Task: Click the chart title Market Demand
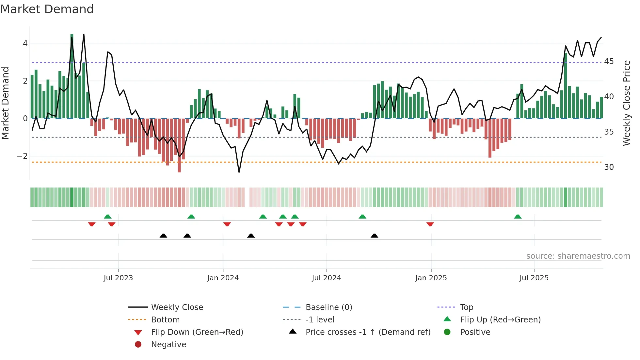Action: pyautogui.click(x=47, y=9)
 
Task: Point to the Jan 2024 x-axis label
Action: pyautogui.click(x=223, y=278)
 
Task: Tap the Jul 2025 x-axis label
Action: pyautogui.click(x=534, y=278)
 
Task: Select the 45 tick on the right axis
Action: pyautogui.click(x=609, y=61)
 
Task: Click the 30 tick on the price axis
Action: pyautogui.click(x=609, y=167)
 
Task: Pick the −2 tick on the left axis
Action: pyautogui.click(x=22, y=156)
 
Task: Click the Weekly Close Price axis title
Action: pyautogui.click(x=626, y=103)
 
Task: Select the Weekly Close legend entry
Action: pyautogui.click(x=177, y=307)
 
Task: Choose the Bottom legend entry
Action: pyautogui.click(x=165, y=320)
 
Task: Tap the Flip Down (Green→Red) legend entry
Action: pyautogui.click(x=197, y=332)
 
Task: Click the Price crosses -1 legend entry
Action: pyautogui.click(x=368, y=332)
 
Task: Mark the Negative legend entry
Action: pyautogui.click(x=168, y=345)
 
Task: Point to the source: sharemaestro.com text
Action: pyautogui.click(x=578, y=256)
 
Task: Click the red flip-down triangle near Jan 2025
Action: pyautogui.click(x=430, y=224)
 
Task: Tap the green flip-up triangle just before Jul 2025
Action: pyautogui.click(x=518, y=217)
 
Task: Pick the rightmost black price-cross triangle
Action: pyautogui.click(x=375, y=236)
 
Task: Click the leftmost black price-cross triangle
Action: pyautogui.click(x=163, y=236)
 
